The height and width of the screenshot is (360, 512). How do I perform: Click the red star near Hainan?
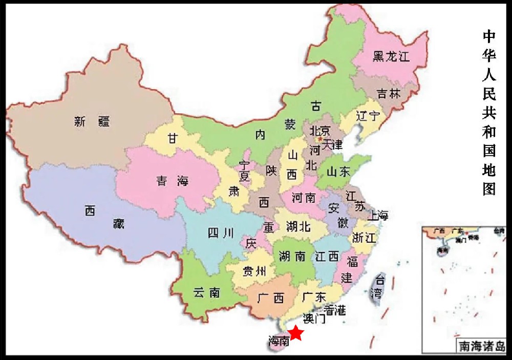[296, 333]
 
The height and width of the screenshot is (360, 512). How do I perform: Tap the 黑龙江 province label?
[391, 56]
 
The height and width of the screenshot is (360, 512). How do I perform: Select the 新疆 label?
[92, 121]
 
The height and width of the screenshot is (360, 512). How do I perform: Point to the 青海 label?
[173, 181]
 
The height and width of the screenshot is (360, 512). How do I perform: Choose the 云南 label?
[207, 293]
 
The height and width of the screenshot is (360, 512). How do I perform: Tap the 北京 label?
[320, 130]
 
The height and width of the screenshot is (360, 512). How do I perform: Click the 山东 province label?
[339, 172]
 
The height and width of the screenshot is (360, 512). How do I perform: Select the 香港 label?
[335, 310]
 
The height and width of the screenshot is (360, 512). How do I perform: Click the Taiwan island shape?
[379, 287]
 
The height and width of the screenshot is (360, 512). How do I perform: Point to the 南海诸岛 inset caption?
[482, 346]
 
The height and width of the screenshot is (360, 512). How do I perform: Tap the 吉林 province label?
[389, 94]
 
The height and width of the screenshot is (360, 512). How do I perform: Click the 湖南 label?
[293, 256]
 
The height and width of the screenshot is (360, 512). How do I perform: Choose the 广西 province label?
[271, 298]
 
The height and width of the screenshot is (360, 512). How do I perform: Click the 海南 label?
[279, 340]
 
